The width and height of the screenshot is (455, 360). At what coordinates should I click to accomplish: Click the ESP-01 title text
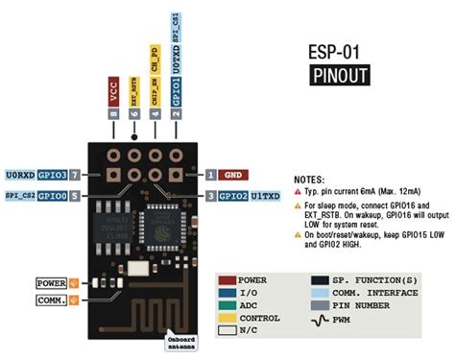340,50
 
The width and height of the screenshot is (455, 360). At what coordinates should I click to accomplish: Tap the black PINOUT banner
340,76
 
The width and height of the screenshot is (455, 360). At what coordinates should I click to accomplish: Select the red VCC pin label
114,92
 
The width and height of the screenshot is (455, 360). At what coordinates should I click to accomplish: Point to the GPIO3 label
53,175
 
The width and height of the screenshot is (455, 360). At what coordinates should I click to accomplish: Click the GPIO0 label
53,195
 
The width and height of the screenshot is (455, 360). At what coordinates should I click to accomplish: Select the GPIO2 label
233,195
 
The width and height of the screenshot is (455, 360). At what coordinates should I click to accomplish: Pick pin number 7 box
74,175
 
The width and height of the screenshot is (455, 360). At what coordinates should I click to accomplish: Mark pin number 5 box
74,195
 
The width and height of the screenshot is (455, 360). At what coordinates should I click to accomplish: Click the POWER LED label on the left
50,283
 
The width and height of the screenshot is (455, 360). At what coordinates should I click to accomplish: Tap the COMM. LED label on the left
50,300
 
